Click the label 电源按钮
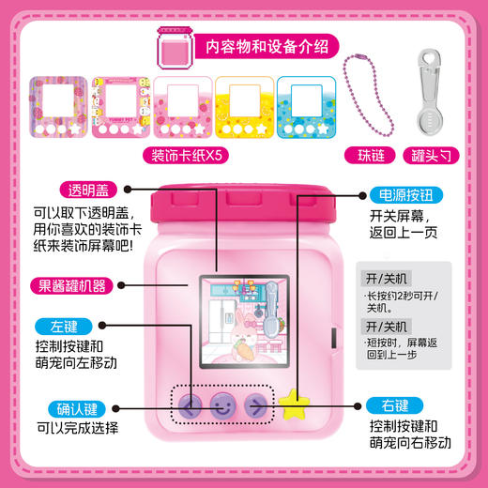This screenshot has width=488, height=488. [399, 198]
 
